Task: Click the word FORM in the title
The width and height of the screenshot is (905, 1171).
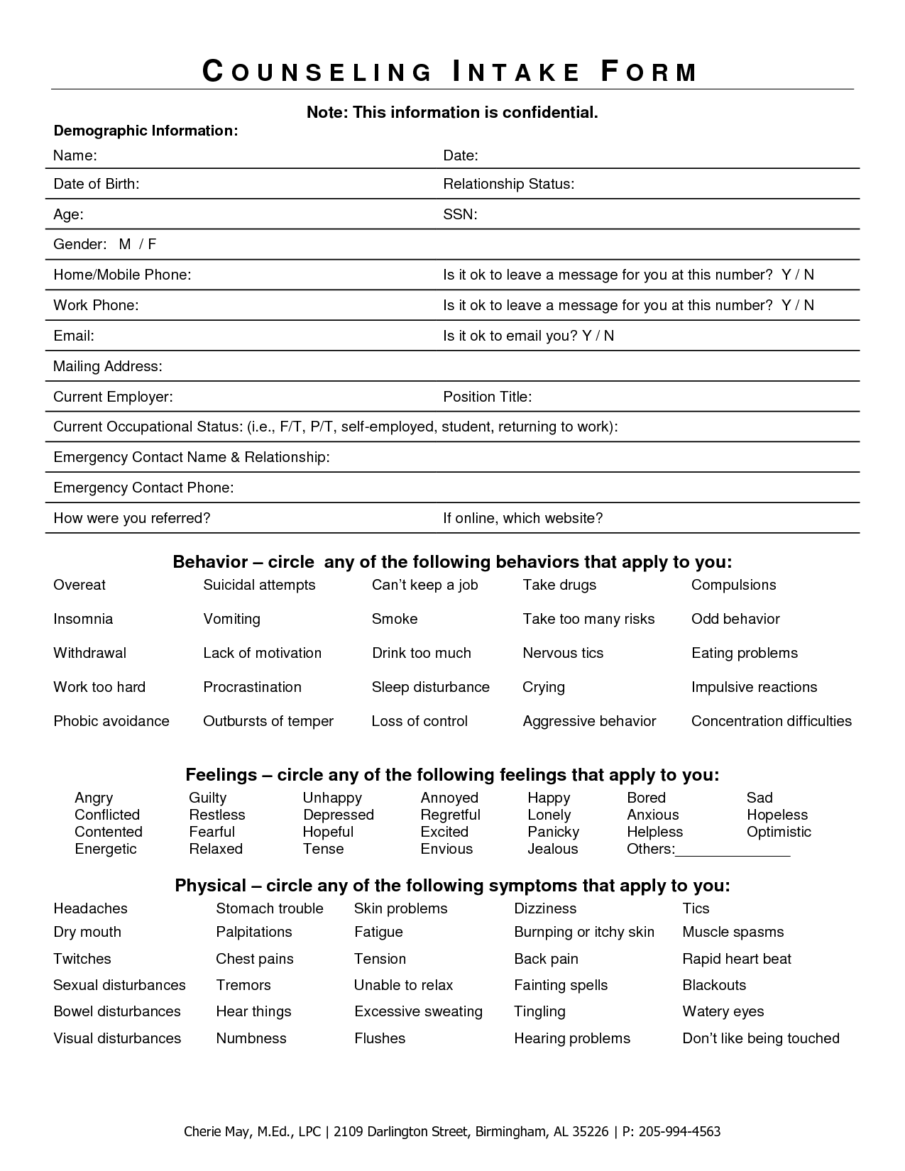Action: click(x=649, y=72)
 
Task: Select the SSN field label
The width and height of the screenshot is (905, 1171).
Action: click(x=460, y=214)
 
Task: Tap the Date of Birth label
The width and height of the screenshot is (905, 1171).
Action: click(x=97, y=184)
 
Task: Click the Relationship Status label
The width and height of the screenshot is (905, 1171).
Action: click(x=508, y=184)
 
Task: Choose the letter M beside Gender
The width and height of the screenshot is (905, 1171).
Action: click(x=125, y=244)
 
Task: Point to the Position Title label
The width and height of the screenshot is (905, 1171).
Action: click(x=487, y=397)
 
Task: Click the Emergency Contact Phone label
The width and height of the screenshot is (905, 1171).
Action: click(x=143, y=488)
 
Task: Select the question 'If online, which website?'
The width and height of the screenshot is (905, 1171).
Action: click(x=522, y=518)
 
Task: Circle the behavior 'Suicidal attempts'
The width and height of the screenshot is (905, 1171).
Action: click(x=259, y=585)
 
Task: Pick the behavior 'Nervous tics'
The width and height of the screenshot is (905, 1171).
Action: click(x=563, y=653)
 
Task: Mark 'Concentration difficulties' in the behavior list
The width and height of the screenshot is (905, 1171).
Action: click(x=771, y=721)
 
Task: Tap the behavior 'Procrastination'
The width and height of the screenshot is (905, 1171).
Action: click(x=252, y=687)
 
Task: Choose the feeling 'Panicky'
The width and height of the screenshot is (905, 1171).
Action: click(x=553, y=832)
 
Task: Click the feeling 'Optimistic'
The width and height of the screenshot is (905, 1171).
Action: click(x=779, y=832)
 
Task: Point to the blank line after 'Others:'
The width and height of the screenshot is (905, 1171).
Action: click(x=733, y=850)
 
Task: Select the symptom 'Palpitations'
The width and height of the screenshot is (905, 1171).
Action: click(x=254, y=932)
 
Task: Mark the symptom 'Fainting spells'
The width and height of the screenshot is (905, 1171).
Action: click(x=561, y=985)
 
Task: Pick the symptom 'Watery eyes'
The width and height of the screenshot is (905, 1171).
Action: click(x=723, y=1011)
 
